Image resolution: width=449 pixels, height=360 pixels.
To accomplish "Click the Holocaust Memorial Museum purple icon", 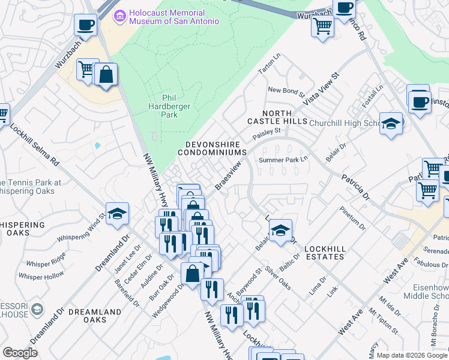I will (x=120, y=13).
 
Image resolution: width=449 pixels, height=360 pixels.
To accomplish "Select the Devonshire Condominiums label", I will (x=213, y=149).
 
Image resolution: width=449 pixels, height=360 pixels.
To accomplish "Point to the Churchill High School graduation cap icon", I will (x=391, y=124).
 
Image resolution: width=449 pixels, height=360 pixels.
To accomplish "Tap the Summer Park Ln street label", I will (x=283, y=160).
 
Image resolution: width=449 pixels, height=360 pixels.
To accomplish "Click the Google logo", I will (x=20, y=353).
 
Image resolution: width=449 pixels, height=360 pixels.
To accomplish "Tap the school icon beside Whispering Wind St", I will (x=117, y=213).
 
